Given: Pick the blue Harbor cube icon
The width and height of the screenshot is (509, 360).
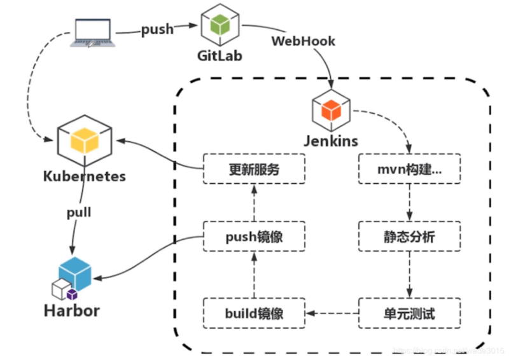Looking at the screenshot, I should pos(75,273).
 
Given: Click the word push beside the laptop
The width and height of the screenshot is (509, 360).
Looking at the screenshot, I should pos(157,29).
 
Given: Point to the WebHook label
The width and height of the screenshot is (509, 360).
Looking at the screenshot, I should pos(303,41).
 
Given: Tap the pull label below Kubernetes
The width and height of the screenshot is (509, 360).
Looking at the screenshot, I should pos(79,212).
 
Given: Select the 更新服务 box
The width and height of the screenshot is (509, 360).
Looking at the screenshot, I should pos(254,169).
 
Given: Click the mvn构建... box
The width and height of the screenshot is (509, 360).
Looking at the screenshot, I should pos(409,169).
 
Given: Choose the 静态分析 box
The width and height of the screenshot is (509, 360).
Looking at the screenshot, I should pos(409,237).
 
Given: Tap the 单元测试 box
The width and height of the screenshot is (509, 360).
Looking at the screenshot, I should pos(409,313).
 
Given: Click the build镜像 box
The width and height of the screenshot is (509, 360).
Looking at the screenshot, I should pos(254,313).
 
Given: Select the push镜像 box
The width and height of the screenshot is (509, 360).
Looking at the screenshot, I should pos(254,237).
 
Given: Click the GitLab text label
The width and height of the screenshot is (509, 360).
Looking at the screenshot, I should pos(220,56).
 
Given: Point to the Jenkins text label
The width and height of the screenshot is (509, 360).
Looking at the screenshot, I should pos(331,141).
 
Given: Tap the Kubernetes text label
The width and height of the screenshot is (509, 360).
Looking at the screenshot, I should pos(85,176).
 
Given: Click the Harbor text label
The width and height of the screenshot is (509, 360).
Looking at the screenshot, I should pos(72,311).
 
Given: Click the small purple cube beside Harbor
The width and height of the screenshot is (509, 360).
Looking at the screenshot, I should pos(72,294).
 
